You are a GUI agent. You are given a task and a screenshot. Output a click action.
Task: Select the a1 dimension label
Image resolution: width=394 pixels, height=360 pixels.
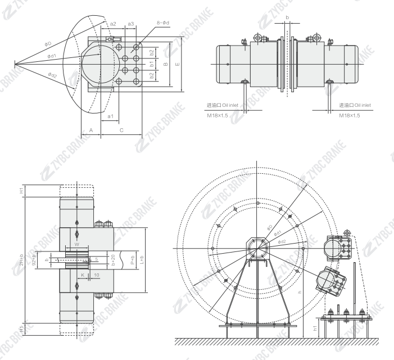tap(110, 116)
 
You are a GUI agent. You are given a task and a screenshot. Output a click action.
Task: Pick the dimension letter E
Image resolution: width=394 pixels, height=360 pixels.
tap(178, 64)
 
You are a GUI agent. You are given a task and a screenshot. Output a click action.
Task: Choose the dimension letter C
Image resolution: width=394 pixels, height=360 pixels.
tap(121, 130)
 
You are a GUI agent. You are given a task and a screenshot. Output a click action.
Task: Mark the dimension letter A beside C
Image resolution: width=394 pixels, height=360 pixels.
tap(91, 130)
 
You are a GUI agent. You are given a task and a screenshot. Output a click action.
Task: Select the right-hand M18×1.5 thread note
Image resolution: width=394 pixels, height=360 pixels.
tap(349, 115)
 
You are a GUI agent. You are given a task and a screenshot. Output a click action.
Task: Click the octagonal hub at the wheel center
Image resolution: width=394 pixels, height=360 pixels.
tap(256, 248)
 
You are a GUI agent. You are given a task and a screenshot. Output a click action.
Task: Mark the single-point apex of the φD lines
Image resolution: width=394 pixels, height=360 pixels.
tap(16, 61)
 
